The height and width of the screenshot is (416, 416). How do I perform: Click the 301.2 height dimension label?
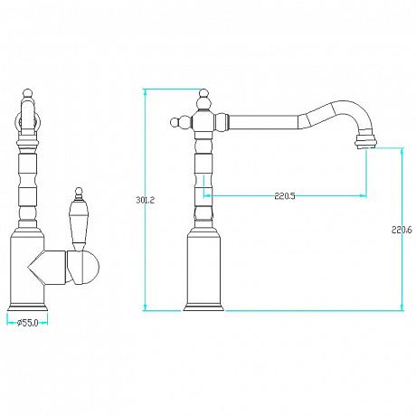coord(145,200)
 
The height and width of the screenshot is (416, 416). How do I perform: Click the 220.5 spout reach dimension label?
coord(285,196)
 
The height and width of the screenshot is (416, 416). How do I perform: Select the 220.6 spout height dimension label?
coord(402,230)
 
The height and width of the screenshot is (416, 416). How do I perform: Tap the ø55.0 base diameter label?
coord(27,323)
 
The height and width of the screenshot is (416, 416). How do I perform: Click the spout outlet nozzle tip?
coord(366,142)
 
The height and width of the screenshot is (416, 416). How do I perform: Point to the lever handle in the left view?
coord(78,222)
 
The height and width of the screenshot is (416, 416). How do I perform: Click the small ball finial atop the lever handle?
coord(79,191)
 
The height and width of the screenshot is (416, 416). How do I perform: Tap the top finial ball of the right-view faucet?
coord(204,92)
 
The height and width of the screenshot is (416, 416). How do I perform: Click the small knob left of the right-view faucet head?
coord(175,123)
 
